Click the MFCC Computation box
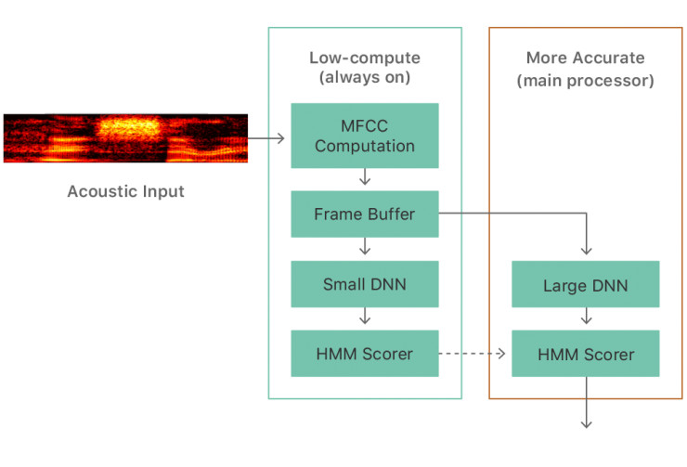(x=364, y=136)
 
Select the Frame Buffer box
(x=364, y=214)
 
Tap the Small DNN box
(x=364, y=284)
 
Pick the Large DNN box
(x=585, y=285)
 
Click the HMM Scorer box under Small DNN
(x=364, y=354)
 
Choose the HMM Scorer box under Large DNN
(x=585, y=354)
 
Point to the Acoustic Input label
(x=125, y=192)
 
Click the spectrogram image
(x=125, y=137)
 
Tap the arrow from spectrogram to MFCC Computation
(x=266, y=138)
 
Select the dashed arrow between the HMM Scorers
(x=473, y=354)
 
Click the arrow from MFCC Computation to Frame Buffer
(x=365, y=176)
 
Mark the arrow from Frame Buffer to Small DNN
(x=365, y=246)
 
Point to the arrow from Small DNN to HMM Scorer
(x=365, y=316)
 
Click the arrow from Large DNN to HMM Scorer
(x=586, y=318)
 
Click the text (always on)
(x=364, y=78)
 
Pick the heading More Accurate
(x=585, y=58)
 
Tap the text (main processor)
(x=585, y=81)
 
